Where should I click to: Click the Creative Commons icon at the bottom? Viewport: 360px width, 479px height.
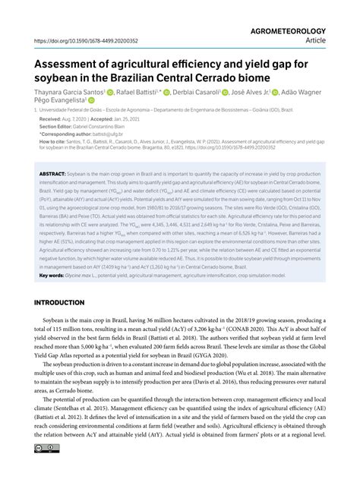[43, 471]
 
